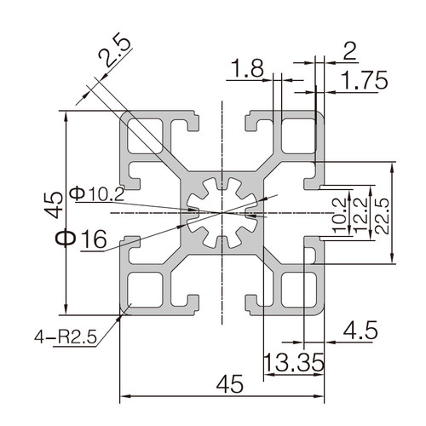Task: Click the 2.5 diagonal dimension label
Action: coord(115,51)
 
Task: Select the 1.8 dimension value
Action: coord(247,68)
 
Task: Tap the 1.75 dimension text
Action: coord(364,80)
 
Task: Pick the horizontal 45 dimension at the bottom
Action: coord(230,384)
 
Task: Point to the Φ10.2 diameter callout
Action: coord(96,193)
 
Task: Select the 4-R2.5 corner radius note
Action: coord(66,337)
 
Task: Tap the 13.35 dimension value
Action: coord(294,362)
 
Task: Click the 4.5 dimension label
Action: coord(360,330)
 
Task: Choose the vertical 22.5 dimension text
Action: coord(381,216)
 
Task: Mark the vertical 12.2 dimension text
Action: coord(360,215)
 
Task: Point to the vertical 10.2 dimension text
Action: coord(339,216)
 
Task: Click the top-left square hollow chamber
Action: coord(145,136)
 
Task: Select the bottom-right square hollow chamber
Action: coord(298,290)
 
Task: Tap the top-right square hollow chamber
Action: coord(298,136)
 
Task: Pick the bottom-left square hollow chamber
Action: coord(145,290)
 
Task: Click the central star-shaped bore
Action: coord(222,213)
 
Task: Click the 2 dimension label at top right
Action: coord(349,51)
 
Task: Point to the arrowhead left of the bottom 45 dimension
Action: coord(125,395)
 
